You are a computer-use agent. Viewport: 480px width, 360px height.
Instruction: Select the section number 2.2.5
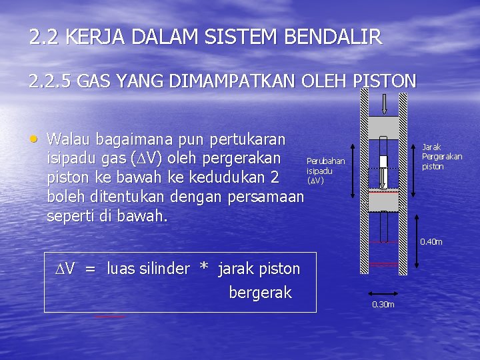[x=51, y=82]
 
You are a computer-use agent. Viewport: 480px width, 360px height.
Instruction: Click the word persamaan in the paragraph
[x=267, y=198]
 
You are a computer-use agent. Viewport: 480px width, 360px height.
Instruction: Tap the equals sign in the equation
[x=90, y=269]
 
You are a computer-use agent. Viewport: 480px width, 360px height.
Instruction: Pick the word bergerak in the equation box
[x=260, y=293]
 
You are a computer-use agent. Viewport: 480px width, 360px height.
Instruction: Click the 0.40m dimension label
[x=431, y=241]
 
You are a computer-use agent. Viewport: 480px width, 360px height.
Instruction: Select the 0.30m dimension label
[x=383, y=305]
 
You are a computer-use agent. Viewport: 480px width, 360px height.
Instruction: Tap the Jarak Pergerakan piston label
[x=441, y=157]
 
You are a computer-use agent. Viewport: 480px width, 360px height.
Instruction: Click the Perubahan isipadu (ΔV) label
[x=325, y=171]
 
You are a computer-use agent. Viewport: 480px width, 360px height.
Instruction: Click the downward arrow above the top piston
[x=385, y=103]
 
